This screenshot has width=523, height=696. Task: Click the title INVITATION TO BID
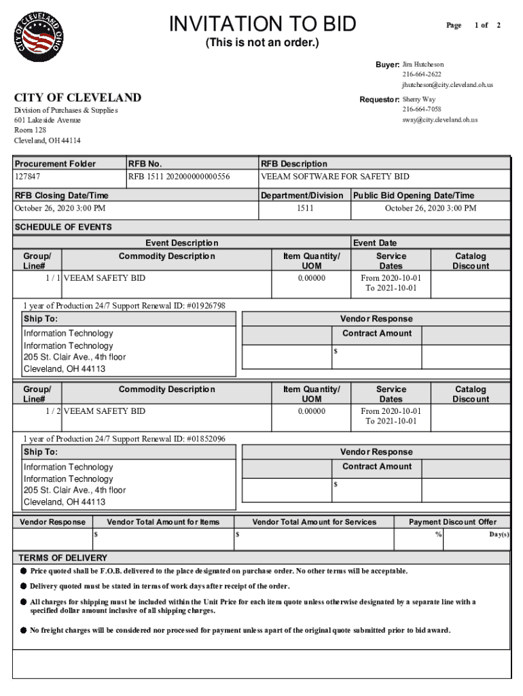coord(262,24)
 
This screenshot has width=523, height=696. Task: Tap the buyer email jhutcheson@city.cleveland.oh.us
coord(447,85)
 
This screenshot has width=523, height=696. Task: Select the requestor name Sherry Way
coord(419,99)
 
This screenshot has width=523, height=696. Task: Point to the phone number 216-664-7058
coord(421,109)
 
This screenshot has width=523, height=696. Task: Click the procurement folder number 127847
coord(28,177)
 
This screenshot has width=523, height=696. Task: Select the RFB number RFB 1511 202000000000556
coord(179,177)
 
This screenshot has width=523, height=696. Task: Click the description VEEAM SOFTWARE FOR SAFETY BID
coord(335,177)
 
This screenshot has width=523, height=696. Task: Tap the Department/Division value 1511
coord(305,208)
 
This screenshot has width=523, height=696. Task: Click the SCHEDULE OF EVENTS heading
coord(63,227)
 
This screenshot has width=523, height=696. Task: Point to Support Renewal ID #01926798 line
coord(124,306)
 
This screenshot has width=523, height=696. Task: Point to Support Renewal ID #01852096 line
coord(124,439)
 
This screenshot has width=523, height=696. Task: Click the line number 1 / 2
coord(53,411)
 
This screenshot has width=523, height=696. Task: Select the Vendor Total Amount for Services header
coord(314,522)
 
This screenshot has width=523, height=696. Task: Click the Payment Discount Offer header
coord(452,522)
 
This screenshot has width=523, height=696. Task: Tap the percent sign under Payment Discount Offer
coord(438,535)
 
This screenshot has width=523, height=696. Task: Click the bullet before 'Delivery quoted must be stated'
coord(23,586)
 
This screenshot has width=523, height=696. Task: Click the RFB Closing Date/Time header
coord(62,196)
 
